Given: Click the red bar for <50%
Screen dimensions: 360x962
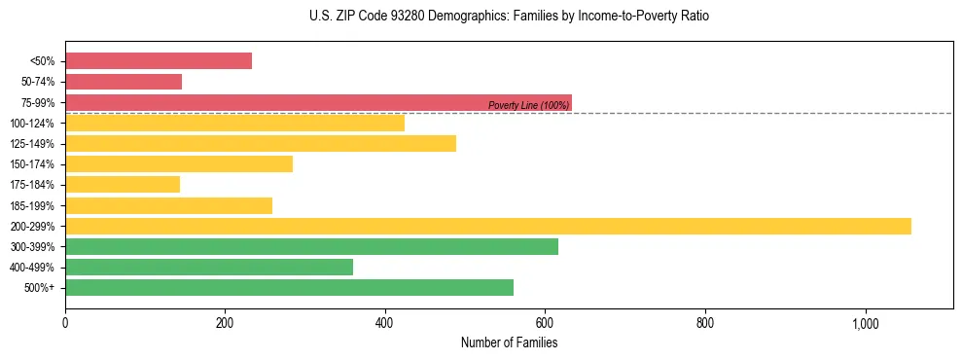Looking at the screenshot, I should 159,60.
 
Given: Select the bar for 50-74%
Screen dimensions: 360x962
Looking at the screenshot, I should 124,82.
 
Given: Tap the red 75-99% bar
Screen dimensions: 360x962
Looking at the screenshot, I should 318,102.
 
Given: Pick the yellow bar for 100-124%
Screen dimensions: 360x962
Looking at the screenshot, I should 234,124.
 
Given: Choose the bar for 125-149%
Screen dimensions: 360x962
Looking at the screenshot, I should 261,144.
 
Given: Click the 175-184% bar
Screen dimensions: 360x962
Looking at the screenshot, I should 123,185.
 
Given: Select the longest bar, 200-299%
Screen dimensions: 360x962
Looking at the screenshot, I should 488,226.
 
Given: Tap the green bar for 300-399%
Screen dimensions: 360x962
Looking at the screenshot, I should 311,246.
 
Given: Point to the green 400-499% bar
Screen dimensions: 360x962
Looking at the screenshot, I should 209,268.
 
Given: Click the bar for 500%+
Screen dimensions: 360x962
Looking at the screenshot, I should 289,288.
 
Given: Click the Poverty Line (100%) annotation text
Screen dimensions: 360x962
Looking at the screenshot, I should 528,106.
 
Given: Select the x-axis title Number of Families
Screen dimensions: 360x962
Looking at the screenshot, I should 509,342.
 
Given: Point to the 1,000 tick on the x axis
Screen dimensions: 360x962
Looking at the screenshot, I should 866,323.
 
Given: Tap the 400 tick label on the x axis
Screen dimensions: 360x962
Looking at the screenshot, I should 385,323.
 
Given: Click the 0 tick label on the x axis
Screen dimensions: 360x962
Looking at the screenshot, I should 65,323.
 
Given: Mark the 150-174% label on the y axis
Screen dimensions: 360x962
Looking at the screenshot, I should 32,164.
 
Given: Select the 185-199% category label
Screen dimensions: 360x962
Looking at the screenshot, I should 32,205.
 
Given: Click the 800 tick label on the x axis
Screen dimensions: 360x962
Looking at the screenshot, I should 705,323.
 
